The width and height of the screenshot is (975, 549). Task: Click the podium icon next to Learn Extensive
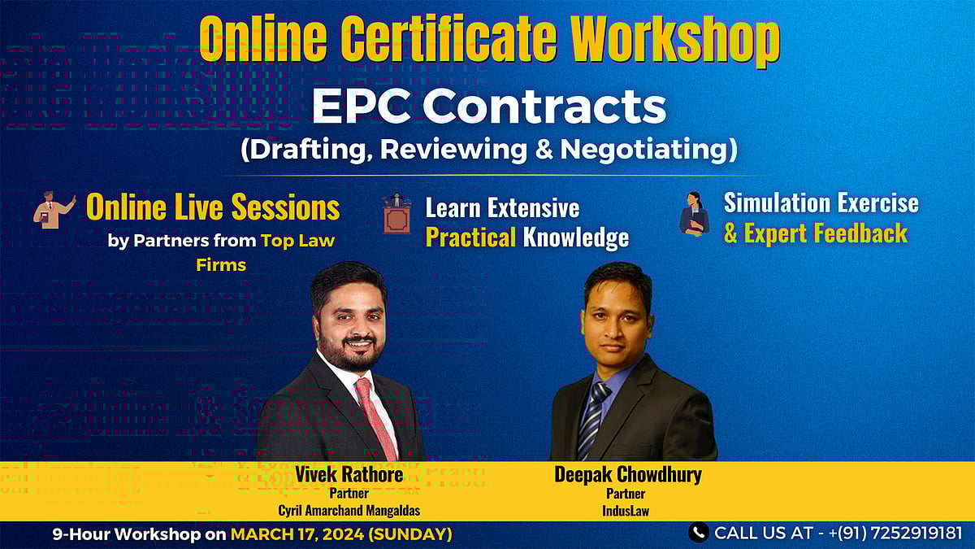click(x=396, y=214)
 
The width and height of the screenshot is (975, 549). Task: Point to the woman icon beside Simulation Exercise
click(x=693, y=214)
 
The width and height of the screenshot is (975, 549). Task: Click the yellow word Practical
click(x=471, y=237)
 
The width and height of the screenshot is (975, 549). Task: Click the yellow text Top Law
click(x=297, y=241)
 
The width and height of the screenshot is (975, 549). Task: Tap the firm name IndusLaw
click(x=626, y=511)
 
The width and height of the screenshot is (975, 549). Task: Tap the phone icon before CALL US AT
click(x=697, y=533)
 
